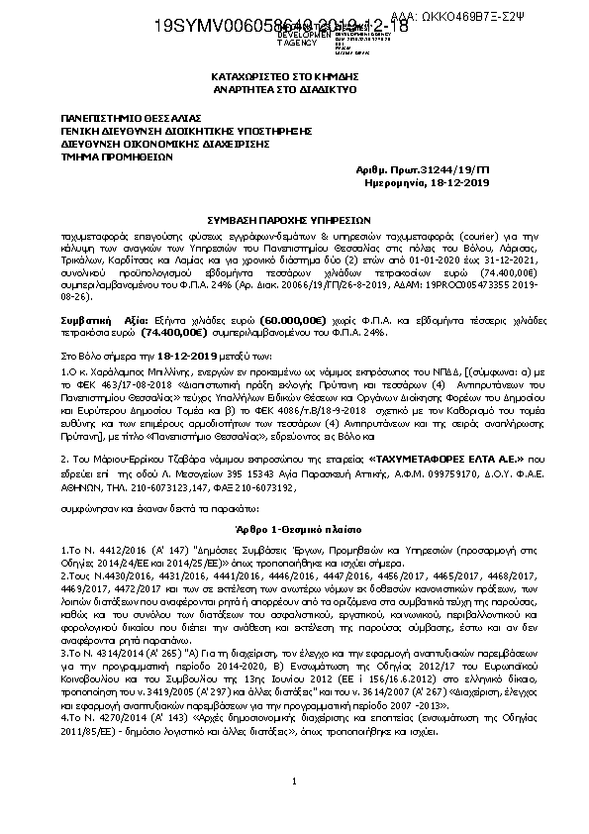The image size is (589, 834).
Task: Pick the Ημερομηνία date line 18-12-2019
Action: (x=477, y=184)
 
